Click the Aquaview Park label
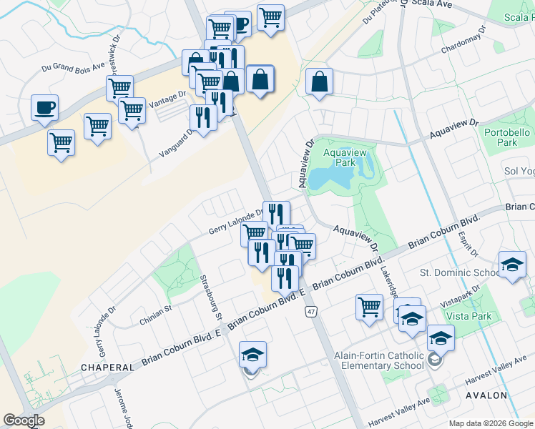[338, 157]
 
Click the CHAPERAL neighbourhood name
[107, 367]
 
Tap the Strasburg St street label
[212, 297]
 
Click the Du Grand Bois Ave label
[73, 68]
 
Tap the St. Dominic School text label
[459, 272]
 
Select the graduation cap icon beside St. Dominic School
[512, 265]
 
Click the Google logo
[24, 420]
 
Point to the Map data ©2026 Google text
[489, 423]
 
